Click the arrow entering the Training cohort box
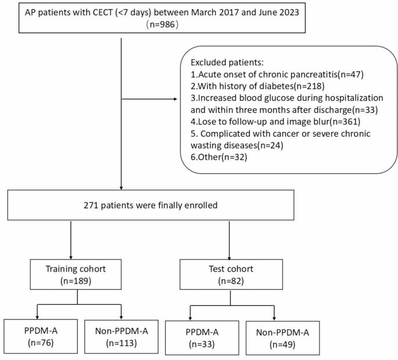click(x=71, y=255)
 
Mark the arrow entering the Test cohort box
click(x=231, y=255)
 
